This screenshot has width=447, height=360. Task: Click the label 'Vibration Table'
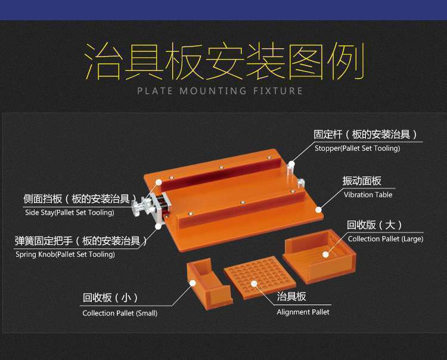368,195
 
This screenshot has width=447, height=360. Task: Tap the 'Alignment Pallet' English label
303,312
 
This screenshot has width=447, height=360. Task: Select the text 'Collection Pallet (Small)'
120,314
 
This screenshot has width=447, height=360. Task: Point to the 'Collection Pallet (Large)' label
386,239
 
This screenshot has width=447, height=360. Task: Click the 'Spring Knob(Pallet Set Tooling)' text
65,255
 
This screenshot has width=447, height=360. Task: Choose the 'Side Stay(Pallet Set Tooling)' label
70,212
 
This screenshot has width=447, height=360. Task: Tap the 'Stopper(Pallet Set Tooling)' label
357,148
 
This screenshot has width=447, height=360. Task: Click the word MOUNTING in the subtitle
213,91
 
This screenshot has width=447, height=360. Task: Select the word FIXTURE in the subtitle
278,91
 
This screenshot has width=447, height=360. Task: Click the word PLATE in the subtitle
155,91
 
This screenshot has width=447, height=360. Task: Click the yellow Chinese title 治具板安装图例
224,61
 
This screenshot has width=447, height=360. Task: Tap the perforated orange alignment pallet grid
259,277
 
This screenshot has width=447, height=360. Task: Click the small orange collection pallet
209,284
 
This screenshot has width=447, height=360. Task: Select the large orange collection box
319,256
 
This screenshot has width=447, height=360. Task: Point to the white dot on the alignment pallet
254,284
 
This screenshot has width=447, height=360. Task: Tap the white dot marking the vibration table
318,210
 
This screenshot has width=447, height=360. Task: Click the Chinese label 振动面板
362,181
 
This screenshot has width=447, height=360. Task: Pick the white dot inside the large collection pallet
325,255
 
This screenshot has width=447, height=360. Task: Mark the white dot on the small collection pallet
193,283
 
